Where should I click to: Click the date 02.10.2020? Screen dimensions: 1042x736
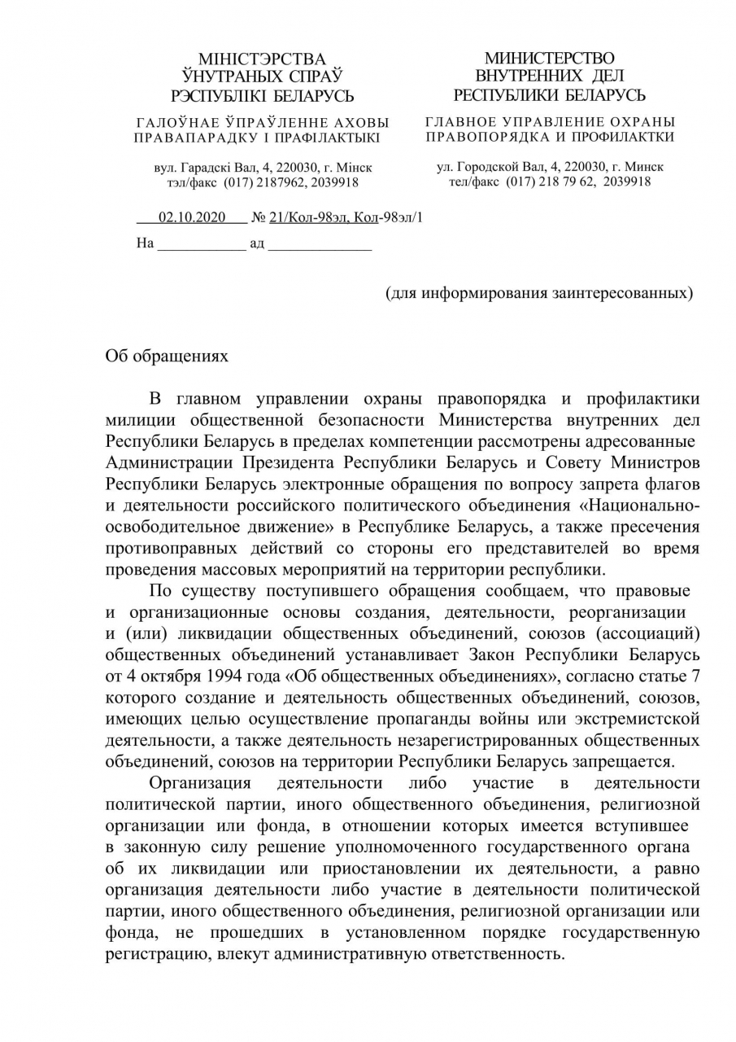[191, 218]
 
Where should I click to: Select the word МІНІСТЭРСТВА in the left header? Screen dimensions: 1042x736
[262, 59]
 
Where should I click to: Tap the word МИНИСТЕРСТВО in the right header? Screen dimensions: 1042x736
[550, 59]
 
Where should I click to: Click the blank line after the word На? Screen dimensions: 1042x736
[201, 243]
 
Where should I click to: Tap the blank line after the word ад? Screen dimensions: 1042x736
[320, 243]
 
